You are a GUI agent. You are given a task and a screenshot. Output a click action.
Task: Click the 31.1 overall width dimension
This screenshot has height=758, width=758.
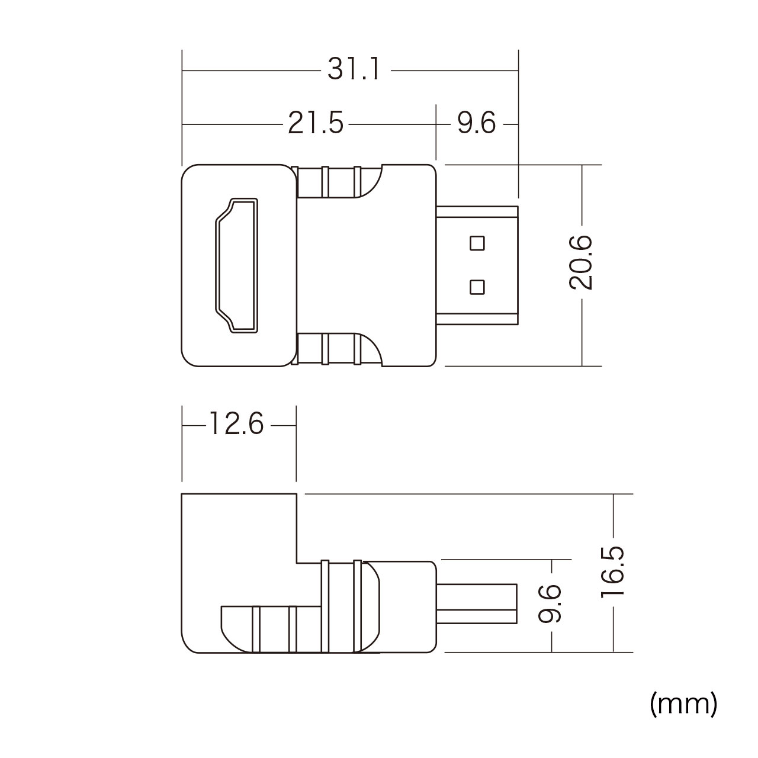(354, 70)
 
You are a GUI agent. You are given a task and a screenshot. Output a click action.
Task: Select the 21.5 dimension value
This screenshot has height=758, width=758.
(316, 124)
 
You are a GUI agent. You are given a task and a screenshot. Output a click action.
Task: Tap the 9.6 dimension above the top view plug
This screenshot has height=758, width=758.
(476, 124)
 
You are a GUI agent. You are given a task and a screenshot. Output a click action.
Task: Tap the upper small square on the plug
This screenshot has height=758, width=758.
(477, 243)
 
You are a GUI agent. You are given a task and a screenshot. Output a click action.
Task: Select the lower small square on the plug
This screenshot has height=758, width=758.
(477, 287)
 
